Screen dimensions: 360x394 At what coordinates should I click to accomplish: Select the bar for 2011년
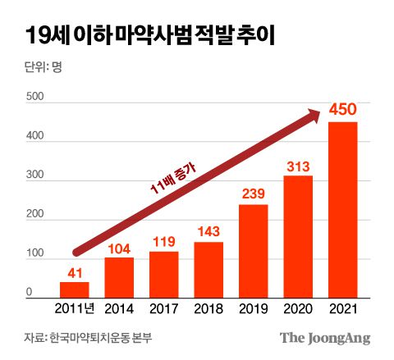[x=75, y=289]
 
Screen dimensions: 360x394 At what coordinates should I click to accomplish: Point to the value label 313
[x=298, y=166]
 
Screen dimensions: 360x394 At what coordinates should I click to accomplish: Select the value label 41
[x=75, y=271]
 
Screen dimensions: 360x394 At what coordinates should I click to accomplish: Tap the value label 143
[x=208, y=232]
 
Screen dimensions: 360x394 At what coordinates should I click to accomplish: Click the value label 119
[x=164, y=241]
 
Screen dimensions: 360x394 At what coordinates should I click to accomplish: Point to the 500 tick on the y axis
[x=34, y=98]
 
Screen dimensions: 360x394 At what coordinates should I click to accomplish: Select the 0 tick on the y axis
[x=29, y=292]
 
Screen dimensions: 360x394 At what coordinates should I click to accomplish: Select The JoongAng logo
[x=324, y=338]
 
